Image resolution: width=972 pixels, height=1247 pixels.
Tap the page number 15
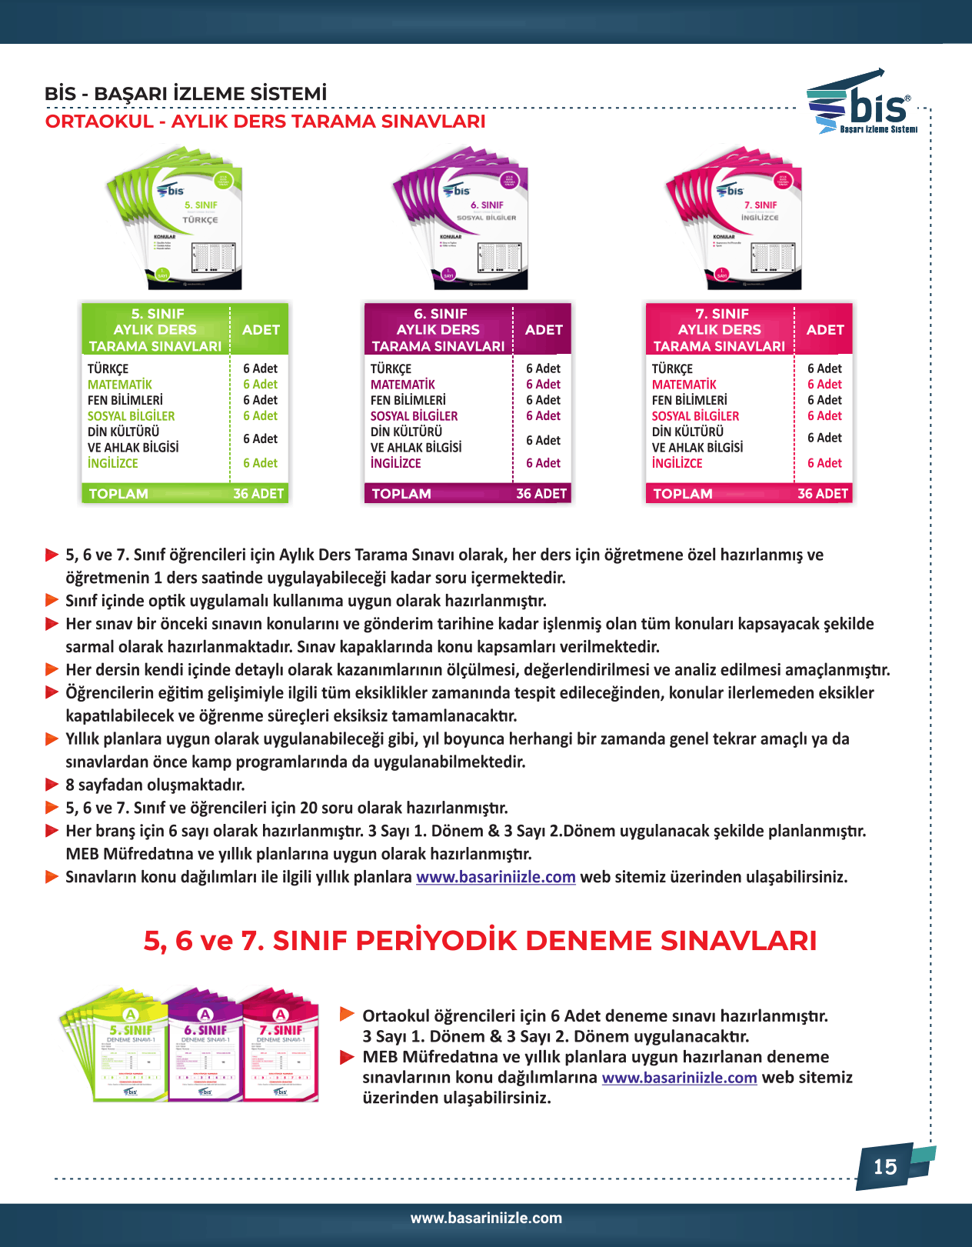(885, 1167)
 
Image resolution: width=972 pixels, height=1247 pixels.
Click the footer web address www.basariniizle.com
(486, 1218)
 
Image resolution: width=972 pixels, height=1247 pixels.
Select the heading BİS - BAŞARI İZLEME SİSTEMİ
(185, 94)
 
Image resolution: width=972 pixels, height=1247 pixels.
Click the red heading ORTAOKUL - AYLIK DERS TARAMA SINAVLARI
(265, 122)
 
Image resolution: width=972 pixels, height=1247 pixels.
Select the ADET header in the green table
(261, 330)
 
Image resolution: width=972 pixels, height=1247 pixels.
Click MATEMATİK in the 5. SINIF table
(120, 385)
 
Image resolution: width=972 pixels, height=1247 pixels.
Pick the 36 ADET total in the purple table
(541, 494)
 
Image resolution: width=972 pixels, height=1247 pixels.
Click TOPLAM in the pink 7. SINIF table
(683, 494)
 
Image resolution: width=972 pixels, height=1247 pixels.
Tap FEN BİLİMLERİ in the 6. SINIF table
(408, 400)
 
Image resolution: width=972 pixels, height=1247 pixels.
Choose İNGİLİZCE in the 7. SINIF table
(677, 463)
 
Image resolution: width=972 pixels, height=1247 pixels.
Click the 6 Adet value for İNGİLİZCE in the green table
(260, 463)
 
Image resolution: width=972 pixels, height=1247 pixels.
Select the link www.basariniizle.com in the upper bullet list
(496, 877)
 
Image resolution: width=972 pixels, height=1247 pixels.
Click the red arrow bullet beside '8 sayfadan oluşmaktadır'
(52, 785)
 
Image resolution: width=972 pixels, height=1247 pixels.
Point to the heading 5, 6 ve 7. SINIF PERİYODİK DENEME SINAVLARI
(480, 940)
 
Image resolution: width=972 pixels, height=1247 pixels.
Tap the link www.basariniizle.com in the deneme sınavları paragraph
(679, 1078)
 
